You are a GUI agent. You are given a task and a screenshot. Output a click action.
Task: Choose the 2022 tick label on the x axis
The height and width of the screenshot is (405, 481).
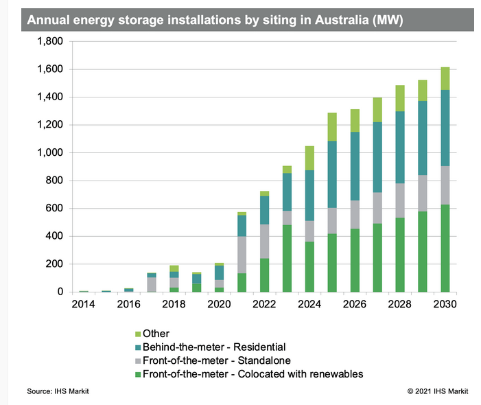click(x=264, y=304)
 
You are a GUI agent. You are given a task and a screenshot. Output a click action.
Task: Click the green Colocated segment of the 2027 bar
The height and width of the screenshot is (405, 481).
click(x=377, y=257)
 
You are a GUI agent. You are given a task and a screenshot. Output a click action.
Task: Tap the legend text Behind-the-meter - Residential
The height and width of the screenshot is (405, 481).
click(x=213, y=347)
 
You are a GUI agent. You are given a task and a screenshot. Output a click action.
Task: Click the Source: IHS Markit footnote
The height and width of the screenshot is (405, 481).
click(x=58, y=392)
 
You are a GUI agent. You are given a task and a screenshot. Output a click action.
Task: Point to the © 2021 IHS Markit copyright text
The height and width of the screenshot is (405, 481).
click(x=438, y=392)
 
